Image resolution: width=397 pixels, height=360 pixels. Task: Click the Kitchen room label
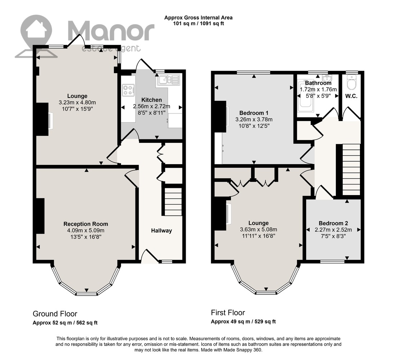coord(151,100)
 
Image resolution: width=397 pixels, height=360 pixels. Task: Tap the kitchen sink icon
coord(169,80)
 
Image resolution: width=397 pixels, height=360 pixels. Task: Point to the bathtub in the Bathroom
coord(306,96)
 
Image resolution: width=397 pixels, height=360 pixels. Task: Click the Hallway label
coord(162,231)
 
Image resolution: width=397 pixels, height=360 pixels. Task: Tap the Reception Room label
coord(86,224)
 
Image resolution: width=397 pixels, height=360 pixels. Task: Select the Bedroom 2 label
coord(333,223)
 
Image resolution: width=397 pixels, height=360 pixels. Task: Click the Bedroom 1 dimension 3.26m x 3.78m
coord(254,120)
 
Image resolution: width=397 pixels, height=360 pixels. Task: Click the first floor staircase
coord(351,170)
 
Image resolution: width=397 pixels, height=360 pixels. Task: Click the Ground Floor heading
coord(55,314)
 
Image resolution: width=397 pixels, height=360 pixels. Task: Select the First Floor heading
coord(228,312)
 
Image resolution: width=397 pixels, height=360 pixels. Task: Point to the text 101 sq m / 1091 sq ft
coord(198,24)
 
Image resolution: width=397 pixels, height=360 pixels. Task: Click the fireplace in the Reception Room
coord(40,216)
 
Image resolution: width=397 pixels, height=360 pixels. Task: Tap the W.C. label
coord(351,96)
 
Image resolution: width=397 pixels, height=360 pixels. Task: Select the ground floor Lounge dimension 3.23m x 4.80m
coord(77,103)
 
